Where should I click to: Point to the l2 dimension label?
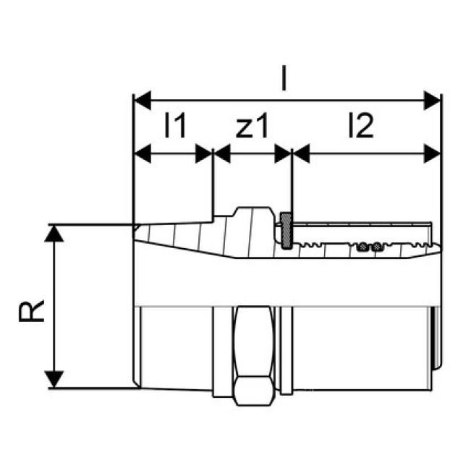pyautogui.click(x=360, y=127)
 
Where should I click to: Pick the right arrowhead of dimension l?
pyautogui.click(x=433, y=98)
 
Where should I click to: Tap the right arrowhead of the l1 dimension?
pyautogui.click(x=205, y=153)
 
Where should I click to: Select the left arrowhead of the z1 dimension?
pyautogui.click(x=221, y=153)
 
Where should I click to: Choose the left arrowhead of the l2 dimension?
pyautogui.click(x=300, y=153)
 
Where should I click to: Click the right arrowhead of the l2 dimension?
pyautogui.click(x=433, y=153)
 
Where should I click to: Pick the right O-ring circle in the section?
pyautogui.click(x=377, y=247)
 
